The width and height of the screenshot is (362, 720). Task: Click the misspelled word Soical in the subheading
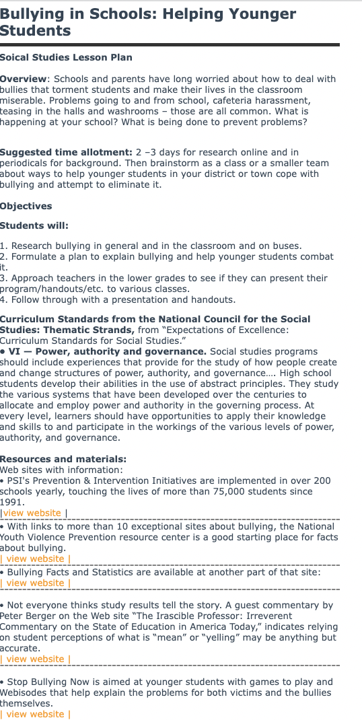(x=14, y=58)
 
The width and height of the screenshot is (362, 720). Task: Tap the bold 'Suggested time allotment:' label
(x=66, y=152)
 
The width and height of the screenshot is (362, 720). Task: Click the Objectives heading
(x=26, y=207)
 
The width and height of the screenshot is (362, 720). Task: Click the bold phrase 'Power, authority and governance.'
(x=121, y=351)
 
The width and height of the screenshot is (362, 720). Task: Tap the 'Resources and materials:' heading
(x=63, y=460)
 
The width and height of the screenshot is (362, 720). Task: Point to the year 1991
(x=11, y=502)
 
